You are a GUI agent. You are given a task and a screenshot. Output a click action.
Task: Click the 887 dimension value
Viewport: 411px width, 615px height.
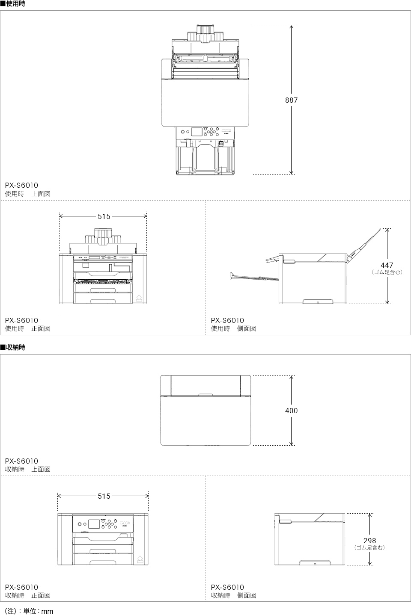click(292, 100)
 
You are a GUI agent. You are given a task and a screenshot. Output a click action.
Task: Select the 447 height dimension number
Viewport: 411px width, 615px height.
click(387, 265)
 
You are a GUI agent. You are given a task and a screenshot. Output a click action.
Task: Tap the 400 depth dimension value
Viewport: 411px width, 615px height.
click(292, 411)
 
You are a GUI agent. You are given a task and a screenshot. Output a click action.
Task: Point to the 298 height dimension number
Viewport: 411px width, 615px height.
click(369, 541)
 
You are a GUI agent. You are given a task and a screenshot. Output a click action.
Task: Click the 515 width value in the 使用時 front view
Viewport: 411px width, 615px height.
click(104, 217)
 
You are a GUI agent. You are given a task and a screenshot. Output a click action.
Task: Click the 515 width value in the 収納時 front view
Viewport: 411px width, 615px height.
click(104, 496)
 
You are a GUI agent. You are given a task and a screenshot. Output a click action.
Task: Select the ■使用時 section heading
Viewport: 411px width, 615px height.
click(13, 3)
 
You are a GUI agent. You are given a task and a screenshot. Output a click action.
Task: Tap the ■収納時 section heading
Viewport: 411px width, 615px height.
click(13, 347)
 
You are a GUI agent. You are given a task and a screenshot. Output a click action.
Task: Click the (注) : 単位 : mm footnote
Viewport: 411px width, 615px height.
click(29, 611)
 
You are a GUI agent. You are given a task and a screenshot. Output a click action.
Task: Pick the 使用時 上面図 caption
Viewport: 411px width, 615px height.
click(27, 194)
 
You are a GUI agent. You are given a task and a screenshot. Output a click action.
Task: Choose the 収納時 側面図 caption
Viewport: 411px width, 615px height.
click(234, 595)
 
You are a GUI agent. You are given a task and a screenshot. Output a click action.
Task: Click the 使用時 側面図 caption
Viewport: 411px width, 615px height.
click(234, 328)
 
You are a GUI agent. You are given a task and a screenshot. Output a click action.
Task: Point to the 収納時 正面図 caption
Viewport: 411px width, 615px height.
click(27, 595)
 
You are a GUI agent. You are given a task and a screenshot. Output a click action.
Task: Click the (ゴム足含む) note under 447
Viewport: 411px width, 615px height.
click(387, 272)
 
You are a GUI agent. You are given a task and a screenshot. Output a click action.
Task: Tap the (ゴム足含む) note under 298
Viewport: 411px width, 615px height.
click(369, 547)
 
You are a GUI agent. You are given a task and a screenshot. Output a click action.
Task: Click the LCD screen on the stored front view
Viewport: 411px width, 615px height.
click(93, 524)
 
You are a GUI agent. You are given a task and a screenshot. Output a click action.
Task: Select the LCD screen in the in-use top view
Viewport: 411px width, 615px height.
click(197, 132)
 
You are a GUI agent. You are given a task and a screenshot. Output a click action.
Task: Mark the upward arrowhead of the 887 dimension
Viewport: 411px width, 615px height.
click(292, 27)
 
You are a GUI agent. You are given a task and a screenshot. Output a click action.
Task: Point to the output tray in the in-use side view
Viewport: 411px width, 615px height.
click(254, 276)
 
